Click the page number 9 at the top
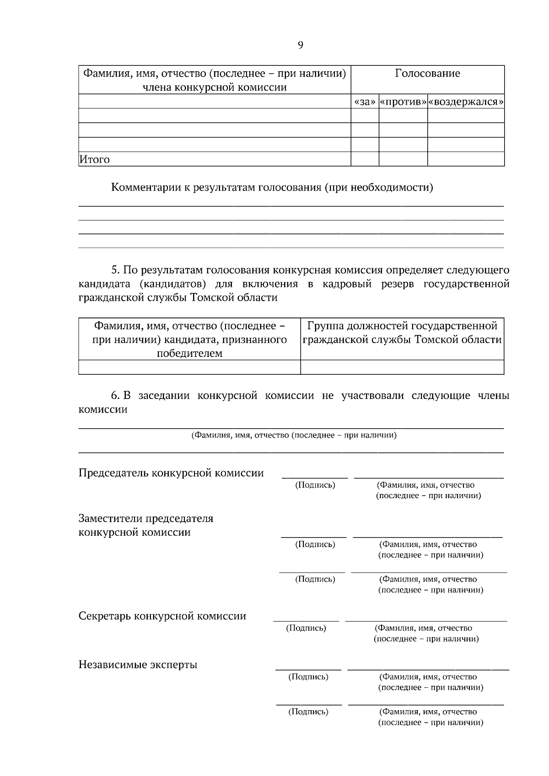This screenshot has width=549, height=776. point(300,45)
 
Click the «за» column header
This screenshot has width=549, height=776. point(365,101)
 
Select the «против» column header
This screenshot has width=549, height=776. point(403,101)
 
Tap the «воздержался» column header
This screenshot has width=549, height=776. point(466,101)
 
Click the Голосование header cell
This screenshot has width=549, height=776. point(427,74)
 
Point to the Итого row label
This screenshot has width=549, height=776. point(95,159)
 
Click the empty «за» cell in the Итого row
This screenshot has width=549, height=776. point(365,159)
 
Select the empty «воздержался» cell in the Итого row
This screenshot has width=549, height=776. point(466,159)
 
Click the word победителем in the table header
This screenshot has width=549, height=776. point(189,353)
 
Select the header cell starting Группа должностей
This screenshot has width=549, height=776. point(402,333)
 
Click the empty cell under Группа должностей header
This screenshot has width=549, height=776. point(402,367)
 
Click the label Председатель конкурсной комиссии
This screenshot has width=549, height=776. point(171,473)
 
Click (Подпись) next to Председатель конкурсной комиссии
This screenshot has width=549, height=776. point(315,485)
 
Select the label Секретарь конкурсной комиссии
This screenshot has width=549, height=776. point(162,616)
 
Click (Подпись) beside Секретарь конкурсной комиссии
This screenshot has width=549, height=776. point(306,628)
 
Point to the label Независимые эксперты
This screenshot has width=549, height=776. point(138,664)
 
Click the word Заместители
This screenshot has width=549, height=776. point(110,519)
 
